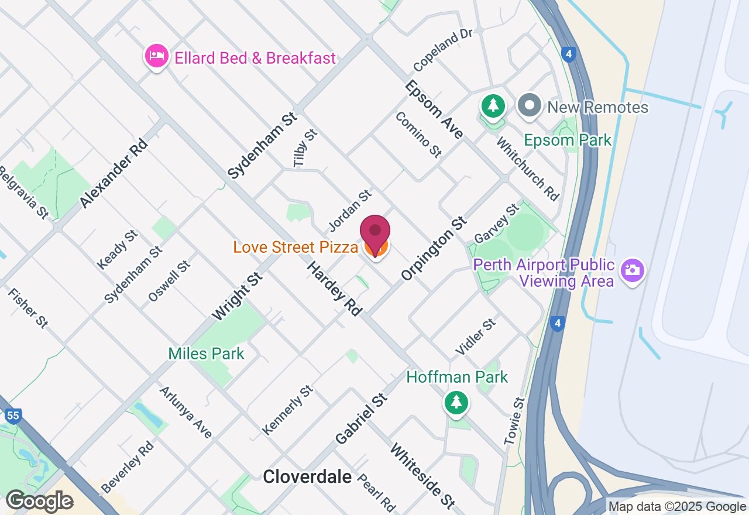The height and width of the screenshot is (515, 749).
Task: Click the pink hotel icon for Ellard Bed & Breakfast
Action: tap(156, 56)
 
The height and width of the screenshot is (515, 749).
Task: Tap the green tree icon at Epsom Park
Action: tap(493, 106)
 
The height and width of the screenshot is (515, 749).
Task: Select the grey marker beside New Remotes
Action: tap(530, 107)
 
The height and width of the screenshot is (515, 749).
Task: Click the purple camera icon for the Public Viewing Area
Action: tap(633, 270)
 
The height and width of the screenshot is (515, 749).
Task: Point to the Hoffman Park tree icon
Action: tap(456, 402)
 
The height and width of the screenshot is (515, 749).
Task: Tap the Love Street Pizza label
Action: tap(296, 248)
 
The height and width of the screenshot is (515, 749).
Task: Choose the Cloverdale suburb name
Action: tap(307, 477)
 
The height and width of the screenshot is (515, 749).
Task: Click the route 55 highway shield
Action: tap(13, 416)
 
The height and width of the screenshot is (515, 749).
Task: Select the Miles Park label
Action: tap(206, 353)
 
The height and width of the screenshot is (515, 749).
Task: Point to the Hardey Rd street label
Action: tap(334, 289)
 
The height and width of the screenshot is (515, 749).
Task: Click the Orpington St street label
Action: tap(434, 248)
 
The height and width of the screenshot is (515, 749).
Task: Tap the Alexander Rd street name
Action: tap(112, 173)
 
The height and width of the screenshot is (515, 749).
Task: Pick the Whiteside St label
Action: tap(422, 476)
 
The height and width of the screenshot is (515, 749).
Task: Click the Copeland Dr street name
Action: tap(442, 49)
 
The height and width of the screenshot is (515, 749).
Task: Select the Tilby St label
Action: tap(305, 149)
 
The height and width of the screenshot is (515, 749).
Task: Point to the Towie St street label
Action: tap(516, 421)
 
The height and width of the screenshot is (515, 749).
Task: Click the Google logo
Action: tap(39, 501)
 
